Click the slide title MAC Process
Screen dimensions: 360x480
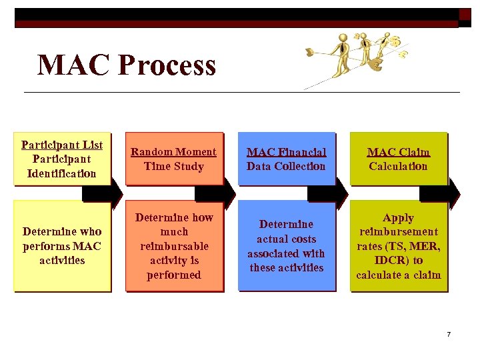(127, 65)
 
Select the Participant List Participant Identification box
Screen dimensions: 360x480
(61, 159)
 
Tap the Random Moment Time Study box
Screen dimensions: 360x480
(174, 159)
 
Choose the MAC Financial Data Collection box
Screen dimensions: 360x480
(286, 159)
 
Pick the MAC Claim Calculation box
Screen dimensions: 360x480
(398, 159)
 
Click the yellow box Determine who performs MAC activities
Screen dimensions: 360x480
(61, 245)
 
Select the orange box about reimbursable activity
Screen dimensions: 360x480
(174, 245)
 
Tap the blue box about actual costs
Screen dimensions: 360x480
(286, 245)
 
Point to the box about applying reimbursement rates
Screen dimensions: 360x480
(398, 245)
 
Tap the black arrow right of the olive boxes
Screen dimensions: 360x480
(441, 193)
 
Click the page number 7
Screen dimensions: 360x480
(449, 334)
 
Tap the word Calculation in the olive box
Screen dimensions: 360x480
(398, 167)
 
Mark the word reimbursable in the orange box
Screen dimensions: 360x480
(174, 246)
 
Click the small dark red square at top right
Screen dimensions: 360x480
(465, 15)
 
